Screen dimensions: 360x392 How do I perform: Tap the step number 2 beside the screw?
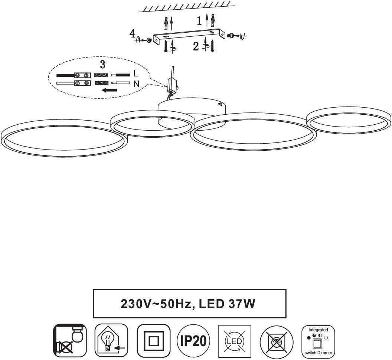pos(196,46)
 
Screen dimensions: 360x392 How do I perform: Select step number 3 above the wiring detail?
pos(102,64)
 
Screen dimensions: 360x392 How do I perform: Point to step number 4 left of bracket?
pos(132,33)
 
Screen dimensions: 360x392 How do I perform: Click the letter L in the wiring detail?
pos(136,75)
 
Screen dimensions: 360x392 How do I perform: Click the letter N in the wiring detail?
pos(136,84)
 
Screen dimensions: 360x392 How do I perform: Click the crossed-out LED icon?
pos(235,341)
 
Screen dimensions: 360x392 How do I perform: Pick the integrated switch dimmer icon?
pos(318,341)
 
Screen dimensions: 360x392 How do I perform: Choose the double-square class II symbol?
pos(153,341)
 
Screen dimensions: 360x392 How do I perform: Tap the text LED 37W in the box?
pos(227,304)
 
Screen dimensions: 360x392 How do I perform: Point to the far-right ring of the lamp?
pos(349,120)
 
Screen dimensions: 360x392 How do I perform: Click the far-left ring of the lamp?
pos(64,138)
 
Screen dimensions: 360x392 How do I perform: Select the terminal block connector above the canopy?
pos(172,85)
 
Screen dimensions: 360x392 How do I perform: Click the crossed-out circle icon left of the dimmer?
pos(277,341)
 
